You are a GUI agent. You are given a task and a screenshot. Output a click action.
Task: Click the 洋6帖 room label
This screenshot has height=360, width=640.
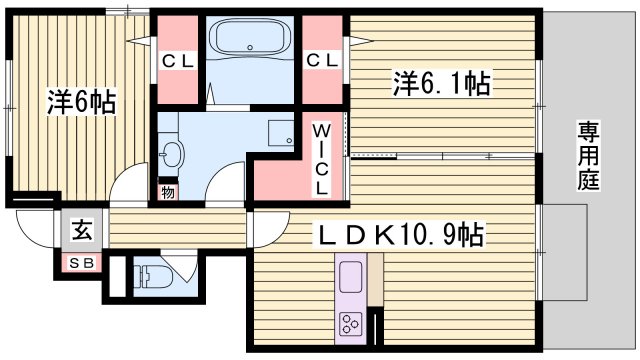pyautogui.click(x=80, y=102)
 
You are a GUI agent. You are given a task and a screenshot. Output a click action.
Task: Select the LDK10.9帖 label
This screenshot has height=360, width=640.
pyautogui.click(x=401, y=235)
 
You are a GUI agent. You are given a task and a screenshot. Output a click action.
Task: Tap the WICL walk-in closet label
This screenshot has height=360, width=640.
pyautogui.click(x=322, y=158)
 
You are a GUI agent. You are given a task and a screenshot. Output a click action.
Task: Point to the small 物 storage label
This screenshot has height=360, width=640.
pyautogui.click(x=167, y=191)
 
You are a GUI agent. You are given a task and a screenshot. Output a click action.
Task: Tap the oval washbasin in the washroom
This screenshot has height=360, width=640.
pyautogui.click(x=173, y=155)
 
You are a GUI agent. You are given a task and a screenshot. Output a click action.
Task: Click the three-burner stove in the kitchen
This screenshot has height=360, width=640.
pyautogui.click(x=353, y=322)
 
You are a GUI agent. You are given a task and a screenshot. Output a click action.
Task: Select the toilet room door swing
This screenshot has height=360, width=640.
pyautogui.click(x=183, y=268)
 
